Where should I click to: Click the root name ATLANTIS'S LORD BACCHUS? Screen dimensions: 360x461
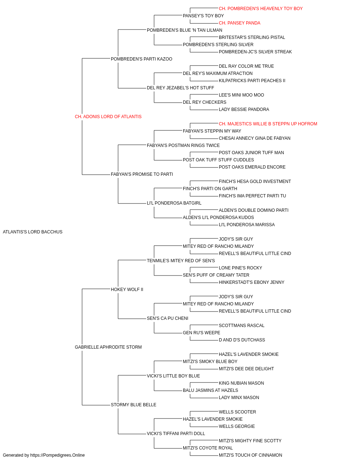click(33, 232)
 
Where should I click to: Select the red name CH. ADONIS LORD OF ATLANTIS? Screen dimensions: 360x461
click(108, 117)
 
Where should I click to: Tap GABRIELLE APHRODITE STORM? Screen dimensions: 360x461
click(108, 347)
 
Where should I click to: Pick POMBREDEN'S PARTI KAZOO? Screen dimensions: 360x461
click(141, 59)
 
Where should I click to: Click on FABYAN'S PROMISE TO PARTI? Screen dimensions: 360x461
click(142, 174)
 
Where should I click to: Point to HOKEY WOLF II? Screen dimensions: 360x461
click(127, 290)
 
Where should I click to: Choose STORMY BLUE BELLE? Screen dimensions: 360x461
click(134, 405)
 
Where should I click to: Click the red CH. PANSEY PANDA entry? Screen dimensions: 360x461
click(239, 23)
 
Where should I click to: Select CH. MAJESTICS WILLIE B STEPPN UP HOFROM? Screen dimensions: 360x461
click(268, 124)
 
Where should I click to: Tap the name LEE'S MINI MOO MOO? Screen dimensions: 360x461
click(241, 95)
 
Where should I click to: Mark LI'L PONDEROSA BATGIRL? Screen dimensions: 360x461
click(174, 203)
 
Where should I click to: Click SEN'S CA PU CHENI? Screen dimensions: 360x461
click(167, 318)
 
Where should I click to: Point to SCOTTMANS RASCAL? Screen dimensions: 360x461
click(242, 326)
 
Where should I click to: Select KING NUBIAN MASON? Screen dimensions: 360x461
click(241, 383)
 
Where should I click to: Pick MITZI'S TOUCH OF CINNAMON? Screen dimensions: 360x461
click(251, 455)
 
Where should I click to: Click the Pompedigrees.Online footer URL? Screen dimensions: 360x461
click(58, 455)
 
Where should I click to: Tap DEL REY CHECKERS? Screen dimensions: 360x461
click(204, 102)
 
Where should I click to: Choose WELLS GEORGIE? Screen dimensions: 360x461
click(237, 426)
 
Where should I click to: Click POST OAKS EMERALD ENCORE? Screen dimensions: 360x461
click(252, 167)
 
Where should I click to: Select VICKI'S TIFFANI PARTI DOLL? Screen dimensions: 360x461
click(176, 434)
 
